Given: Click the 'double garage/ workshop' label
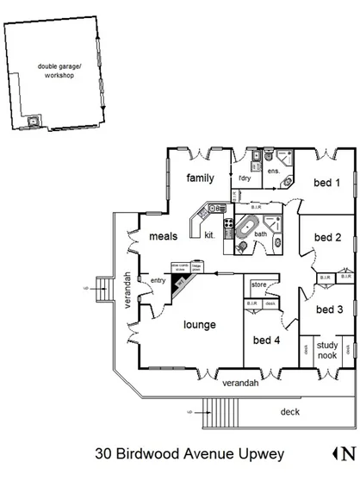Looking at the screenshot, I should point(55,71).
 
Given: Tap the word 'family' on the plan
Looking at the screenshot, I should point(200,178).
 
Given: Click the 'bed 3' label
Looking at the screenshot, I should point(329,309).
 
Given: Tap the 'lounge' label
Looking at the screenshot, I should point(199,326).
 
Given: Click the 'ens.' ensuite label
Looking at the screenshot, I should point(274,172).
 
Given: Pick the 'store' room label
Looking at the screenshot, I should point(259,284).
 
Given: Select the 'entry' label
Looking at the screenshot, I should point(158,280).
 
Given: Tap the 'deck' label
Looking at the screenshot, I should point(290,412).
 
